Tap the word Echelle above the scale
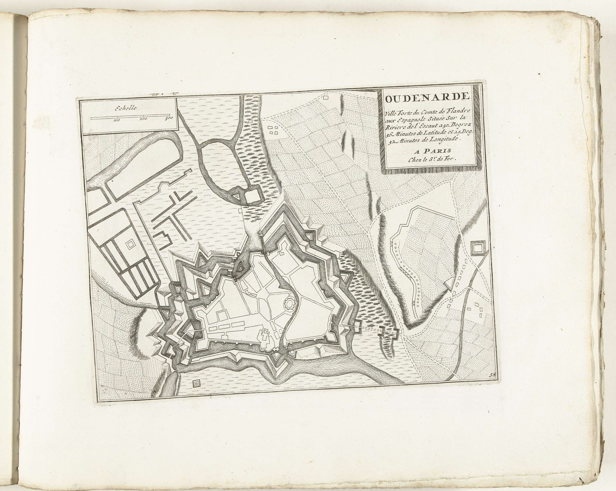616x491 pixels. (x=126, y=108)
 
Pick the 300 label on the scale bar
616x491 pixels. (x=169, y=118)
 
